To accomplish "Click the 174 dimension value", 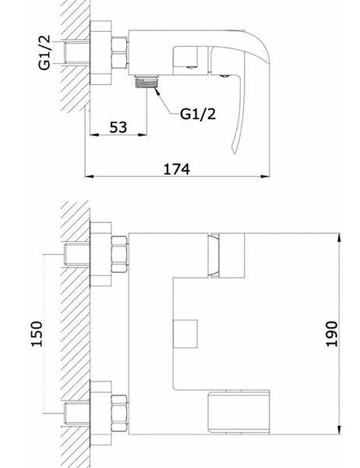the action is click(177, 169).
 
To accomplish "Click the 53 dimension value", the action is click(118, 127).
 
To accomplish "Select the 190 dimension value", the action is click(332, 334).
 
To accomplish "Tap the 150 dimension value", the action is click(37, 334).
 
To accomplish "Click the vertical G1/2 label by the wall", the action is click(44, 52).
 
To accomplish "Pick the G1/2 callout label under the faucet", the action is click(198, 114).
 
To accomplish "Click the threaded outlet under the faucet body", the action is click(146, 81).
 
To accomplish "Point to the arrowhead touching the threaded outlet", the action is click(157, 90).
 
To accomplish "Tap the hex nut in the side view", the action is click(119, 52).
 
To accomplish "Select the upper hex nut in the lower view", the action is click(119, 254).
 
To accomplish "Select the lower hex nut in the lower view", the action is click(119, 413).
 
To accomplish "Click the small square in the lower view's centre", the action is click(185, 334).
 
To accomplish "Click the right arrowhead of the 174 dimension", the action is click(265, 176).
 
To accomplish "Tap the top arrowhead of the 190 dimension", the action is click(340, 238).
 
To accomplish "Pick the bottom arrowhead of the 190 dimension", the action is click(340, 430).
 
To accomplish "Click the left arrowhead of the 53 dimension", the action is click(94, 135).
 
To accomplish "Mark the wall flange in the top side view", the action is click(101, 53).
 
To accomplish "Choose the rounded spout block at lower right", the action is click(238, 412).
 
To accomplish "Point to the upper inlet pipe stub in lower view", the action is click(77, 254).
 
